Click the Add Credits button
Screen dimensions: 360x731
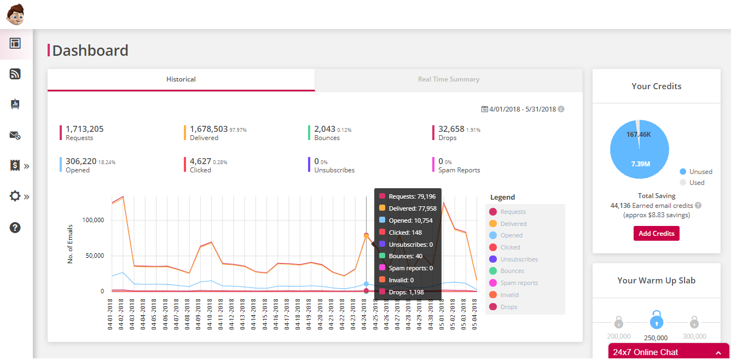(656, 233)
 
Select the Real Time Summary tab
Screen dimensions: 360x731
(449, 79)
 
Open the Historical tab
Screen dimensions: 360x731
(181, 79)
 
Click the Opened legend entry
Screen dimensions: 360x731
(511, 235)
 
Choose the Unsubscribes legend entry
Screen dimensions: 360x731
(519, 259)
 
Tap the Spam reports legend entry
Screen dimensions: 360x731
(519, 283)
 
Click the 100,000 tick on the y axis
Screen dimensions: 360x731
(92, 220)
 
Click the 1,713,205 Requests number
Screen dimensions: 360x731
(84, 129)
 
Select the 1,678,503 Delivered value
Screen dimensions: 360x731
(208, 129)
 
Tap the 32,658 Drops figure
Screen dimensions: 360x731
(451, 129)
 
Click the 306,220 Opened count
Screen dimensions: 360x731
(80, 161)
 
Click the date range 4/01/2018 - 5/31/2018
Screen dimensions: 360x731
(523, 109)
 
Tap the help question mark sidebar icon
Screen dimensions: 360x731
(15, 228)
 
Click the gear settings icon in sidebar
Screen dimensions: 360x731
(15, 196)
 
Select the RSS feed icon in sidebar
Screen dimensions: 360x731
(15, 74)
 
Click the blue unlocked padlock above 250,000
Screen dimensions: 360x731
(656, 320)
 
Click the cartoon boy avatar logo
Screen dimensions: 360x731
(15, 14)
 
